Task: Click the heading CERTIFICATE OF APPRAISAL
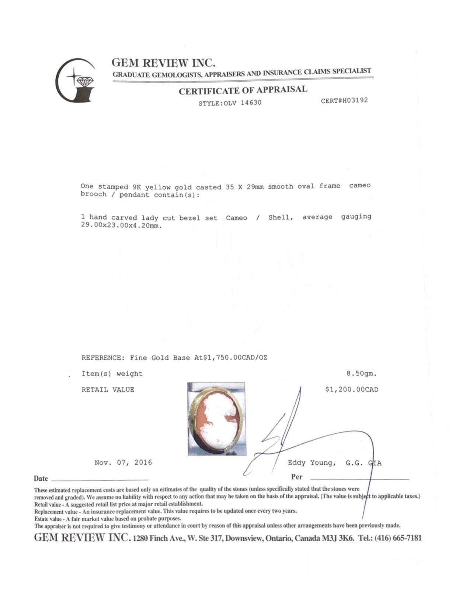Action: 243,90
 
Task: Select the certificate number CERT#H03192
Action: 344,100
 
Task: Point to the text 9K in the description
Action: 136,187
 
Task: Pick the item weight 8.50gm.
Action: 361,374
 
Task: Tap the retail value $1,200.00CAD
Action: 351,389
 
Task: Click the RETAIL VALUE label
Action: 108,389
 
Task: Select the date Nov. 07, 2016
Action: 123,463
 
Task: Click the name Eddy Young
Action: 311,463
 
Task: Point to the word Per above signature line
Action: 296,477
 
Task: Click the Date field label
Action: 41,478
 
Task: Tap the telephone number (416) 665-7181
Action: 398,538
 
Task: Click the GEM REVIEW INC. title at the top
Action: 163,62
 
